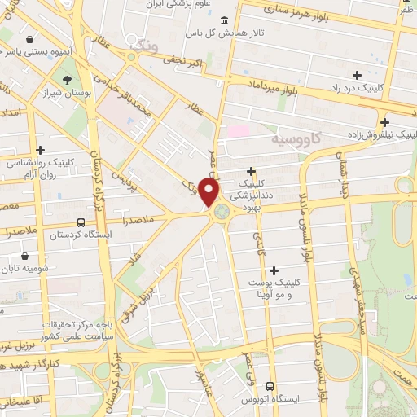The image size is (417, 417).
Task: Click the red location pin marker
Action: [x=210, y=192]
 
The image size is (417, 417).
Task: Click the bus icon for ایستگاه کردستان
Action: [x=80, y=222]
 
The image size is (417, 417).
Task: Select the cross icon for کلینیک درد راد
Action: [x=357, y=75]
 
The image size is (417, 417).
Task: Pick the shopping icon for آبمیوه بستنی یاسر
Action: [x=30, y=38]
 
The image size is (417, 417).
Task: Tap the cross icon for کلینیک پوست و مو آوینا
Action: [x=274, y=270]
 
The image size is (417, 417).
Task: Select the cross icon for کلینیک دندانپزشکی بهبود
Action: [x=252, y=171]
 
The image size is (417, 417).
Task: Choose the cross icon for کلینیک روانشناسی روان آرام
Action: [x=18, y=149]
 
